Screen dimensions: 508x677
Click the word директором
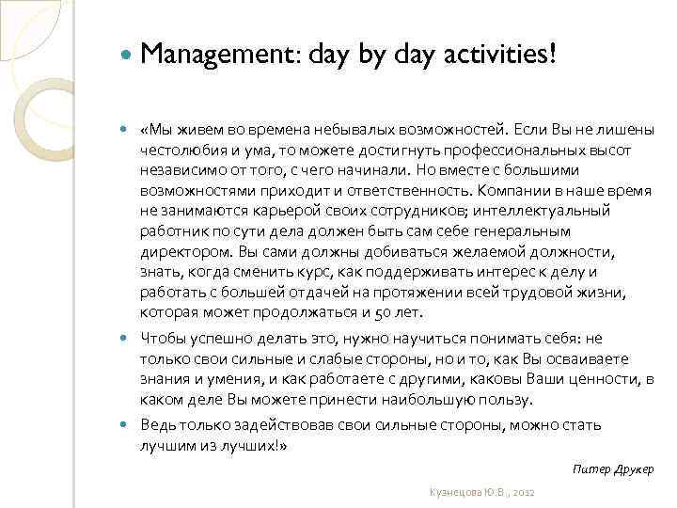(x=184, y=253)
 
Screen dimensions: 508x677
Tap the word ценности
(x=605, y=379)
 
